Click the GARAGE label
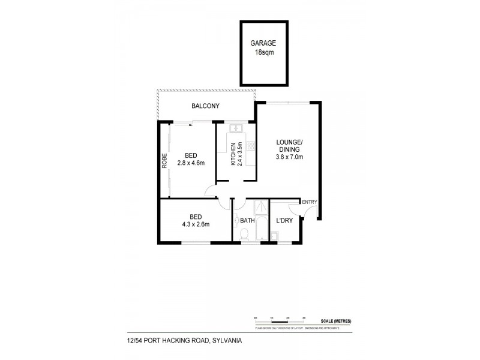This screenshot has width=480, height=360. coord(265,43)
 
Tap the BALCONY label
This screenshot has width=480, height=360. coord(205,106)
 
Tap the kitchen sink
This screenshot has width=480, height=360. coord(235,128)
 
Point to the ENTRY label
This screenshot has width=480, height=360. coord(309,202)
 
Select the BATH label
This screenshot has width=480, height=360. coord(248,221)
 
